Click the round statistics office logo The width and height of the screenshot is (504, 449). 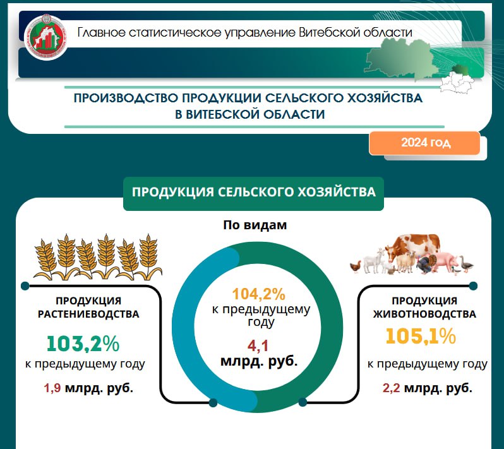(x=47, y=37)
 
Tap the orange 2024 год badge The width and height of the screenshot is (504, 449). (x=424, y=143)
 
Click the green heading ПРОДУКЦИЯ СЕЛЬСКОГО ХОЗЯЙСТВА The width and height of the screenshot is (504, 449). (x=254, y=192)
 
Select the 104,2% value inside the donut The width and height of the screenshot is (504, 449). (x=259, y=294)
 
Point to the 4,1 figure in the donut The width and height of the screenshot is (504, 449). (x=258, y=346)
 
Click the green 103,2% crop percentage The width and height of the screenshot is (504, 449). (x=83, y=344)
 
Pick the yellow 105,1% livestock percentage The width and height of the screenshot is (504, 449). (x=421, y=336)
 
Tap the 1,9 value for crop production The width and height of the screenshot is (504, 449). (x=52, y=388)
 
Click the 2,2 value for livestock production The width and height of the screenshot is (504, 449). (x=391, y=388)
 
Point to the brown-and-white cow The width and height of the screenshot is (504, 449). (x=412, y=247)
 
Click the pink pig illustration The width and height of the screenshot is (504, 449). (x=444, y=262)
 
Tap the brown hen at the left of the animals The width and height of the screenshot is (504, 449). (x=356, y=267)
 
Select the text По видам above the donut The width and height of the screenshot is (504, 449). (x=255, y=225)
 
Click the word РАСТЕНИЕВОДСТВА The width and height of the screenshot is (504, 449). (x=88, y=314)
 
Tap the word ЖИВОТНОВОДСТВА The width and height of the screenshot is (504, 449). (x=424, y=314)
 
